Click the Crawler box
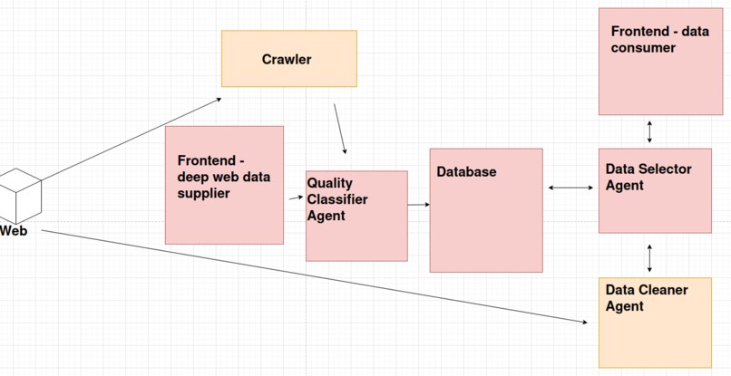coord(289,59)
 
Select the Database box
coord(486,210)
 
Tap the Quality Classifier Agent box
coord(356,216)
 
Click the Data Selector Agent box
coord(654,190)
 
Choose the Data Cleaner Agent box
coord(654,322)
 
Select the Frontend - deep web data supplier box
coord(224,185)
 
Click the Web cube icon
coord(19,193)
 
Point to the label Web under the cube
coord(14,231)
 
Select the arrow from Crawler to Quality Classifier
coord(339,128)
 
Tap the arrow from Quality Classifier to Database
coord(418,205)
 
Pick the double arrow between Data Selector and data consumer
coord(649,131)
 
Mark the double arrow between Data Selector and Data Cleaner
coord(649,257)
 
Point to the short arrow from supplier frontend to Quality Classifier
coord(295,196)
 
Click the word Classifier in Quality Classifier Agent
coord(338,199)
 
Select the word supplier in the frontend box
coord(204,193)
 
